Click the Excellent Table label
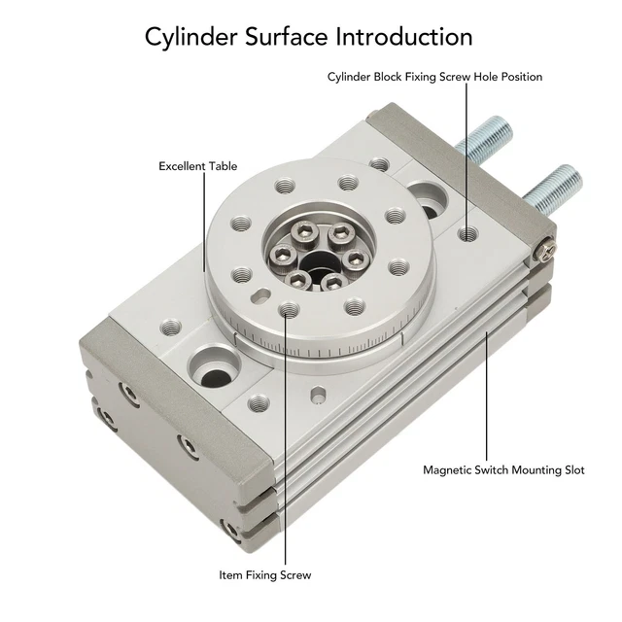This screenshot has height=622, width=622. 197,166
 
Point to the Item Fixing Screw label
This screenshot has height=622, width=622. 264,575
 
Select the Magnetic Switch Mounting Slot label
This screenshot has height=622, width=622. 503,469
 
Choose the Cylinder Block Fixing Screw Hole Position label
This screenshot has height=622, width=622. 434,77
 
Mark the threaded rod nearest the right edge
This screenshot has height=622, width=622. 557,186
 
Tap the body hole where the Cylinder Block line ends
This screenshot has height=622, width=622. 467,233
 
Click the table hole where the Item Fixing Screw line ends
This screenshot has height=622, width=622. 286,310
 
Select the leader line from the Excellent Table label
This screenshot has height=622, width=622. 202,224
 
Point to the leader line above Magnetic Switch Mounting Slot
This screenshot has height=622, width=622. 487,389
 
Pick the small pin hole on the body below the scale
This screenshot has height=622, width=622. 318,394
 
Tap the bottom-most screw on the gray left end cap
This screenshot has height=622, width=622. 230,530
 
